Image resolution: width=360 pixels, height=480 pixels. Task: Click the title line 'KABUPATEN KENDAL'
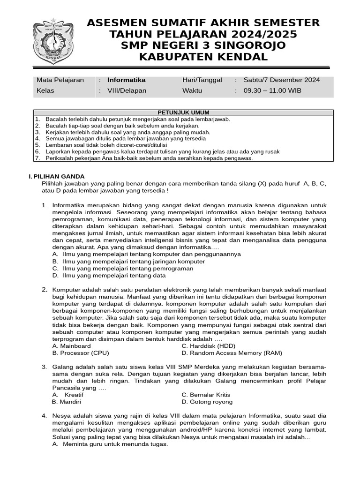click(203, 57)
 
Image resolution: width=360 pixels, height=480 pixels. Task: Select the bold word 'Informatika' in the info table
click(127, 80)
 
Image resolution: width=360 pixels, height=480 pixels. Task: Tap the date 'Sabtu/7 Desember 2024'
click(282, 80)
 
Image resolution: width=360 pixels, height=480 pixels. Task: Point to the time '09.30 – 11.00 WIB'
click(272, 90)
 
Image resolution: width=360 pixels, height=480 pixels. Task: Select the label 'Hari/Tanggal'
click(202, 80)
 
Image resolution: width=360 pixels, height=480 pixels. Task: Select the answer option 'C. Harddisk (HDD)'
click(208, 346)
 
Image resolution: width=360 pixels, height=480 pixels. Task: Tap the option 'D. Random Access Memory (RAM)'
click(232, 353)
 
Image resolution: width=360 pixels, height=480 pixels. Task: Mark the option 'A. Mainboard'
click(72, 346)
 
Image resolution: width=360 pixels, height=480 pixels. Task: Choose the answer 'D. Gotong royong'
click(207, 402)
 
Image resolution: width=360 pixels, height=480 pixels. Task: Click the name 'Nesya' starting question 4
click(62, 415)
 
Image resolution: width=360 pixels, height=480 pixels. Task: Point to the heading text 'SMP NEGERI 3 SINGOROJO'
click(203, 45)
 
